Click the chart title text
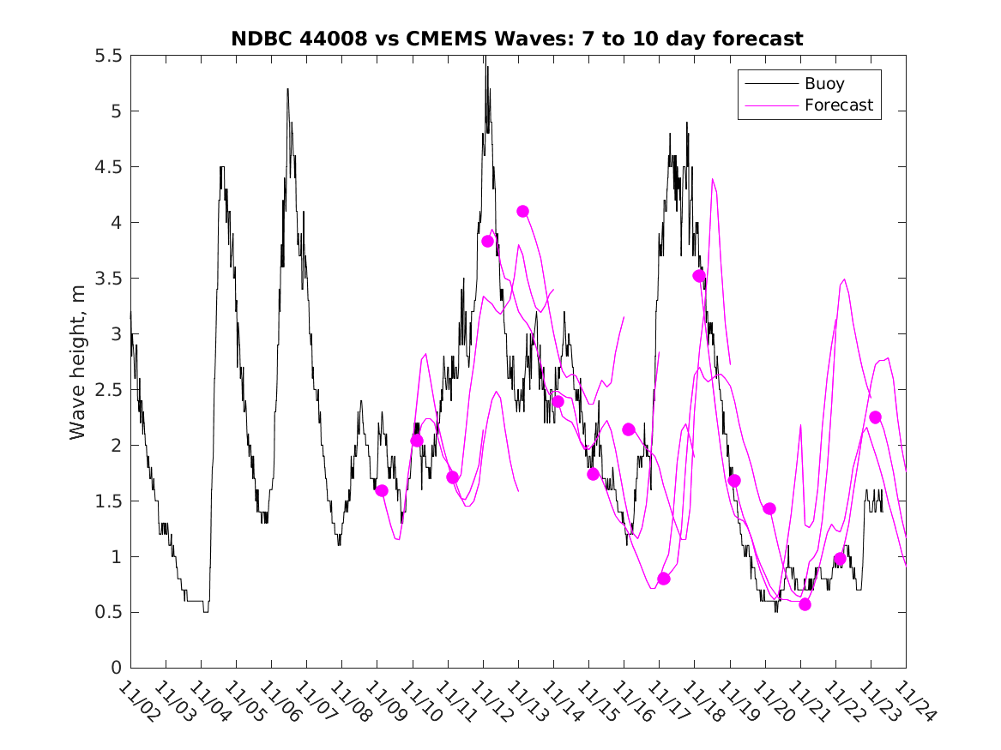coord(517,39)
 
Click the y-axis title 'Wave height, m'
coord(78,362)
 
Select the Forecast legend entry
coord(839,105)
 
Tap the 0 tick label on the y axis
coord(116,668)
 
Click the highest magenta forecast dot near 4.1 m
coord(522,211)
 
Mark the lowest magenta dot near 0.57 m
coord(805,604)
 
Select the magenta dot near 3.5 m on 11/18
coord(699,276)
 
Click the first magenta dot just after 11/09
coord(382,490)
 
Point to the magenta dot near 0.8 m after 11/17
coord(664,579)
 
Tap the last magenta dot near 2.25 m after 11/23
coord(875,417)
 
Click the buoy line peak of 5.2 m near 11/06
coord(287,89)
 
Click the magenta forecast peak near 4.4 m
coord(713,179)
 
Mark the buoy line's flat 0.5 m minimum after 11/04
coord(205,611)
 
